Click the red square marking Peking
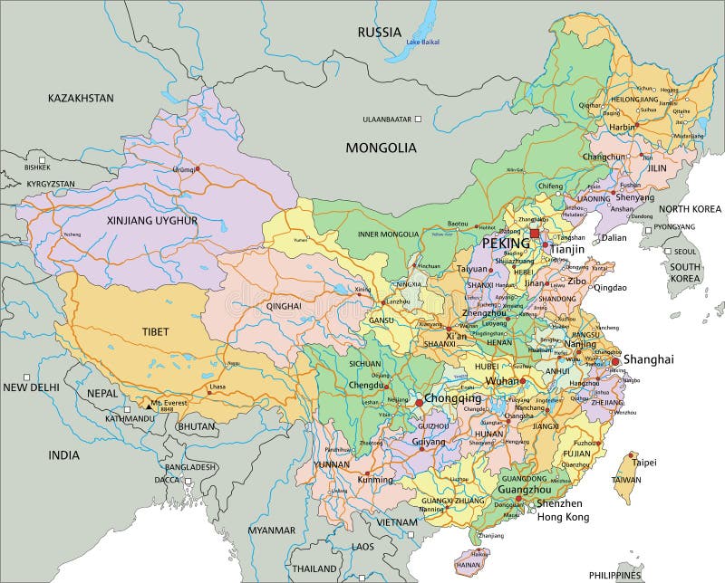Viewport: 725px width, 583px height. point(535,234)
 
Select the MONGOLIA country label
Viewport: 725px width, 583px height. point(380,147)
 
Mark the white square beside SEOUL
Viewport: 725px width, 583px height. point(668,252)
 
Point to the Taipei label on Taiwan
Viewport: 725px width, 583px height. point(643,462)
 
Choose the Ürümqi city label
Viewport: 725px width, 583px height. point(184,168)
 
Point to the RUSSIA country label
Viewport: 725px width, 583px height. point(379,32)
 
